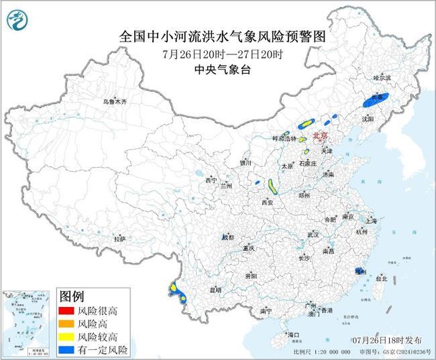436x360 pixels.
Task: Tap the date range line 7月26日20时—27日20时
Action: coord(219,54)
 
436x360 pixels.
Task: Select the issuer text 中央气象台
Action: coord(219,68)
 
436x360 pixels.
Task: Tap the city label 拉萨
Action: coord(119,238)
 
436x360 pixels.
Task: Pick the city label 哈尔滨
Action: coord(381,78)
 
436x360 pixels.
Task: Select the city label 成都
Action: coord(228,237)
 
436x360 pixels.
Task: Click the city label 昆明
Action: coord(215,290)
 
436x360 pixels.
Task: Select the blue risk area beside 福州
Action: coord(358,271)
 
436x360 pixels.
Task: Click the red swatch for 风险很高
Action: coord(68,311)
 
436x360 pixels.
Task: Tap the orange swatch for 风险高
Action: coord(68,324)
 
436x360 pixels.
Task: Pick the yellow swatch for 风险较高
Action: coord(68,337)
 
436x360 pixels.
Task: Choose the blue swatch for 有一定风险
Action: coord(68,349)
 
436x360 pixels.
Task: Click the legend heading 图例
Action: coord(72,296)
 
